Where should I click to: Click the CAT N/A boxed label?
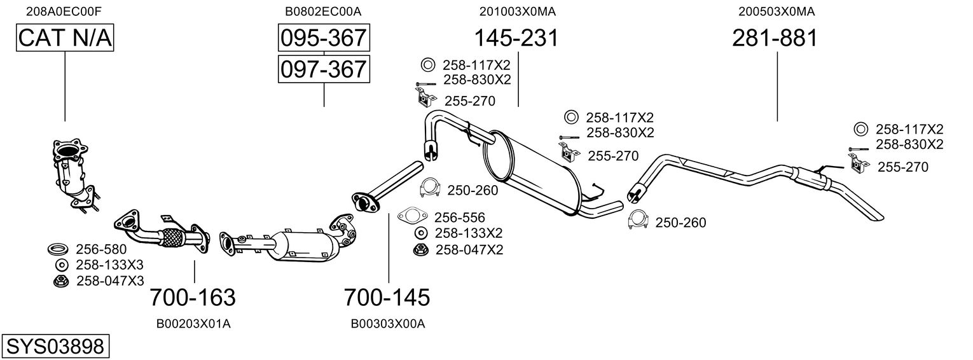point(65,38)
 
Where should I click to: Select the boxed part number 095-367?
point(324,38)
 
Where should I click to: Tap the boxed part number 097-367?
point(324,68)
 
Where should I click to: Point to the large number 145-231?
point(516,38)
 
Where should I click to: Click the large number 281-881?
point(774,38)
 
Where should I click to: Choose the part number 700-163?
point(193,297)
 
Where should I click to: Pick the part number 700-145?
point(387,297)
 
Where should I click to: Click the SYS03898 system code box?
point(55,346)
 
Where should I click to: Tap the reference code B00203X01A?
point(193,324)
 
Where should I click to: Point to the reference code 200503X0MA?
point(776,11)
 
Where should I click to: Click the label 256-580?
point(101,249)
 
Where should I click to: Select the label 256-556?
point(460,217)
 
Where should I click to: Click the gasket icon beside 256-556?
point(412,216)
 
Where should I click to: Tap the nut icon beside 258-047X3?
point(60,280)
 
